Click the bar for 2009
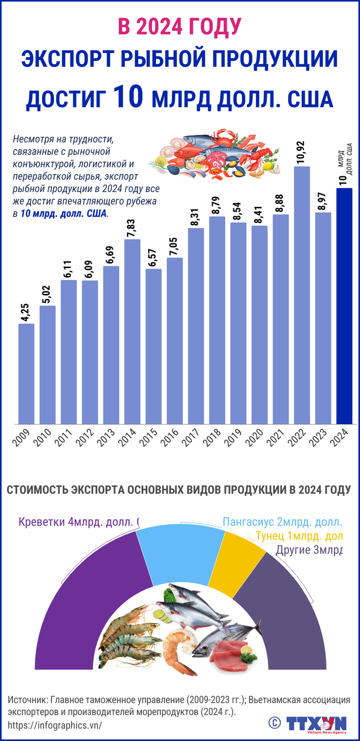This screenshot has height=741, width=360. [27, 374]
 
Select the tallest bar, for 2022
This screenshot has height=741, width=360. [302, 295]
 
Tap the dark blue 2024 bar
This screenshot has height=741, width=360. [344, 306]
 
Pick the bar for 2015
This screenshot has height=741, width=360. [154, 346]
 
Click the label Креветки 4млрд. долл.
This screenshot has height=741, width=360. [76, 522]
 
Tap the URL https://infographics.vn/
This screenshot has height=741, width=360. [55, 725]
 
